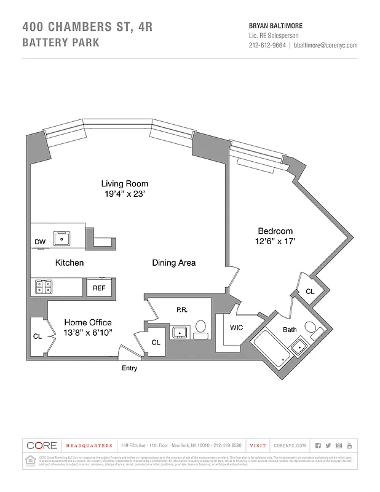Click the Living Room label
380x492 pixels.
[x=125, y=183]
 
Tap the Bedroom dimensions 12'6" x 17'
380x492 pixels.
[x=277, y=242]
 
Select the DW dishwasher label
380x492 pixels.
[x=40, y=242]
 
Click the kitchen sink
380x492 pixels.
[x=63, y=238]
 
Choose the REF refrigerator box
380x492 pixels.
[x=99, y=287]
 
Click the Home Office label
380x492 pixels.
[x=88, y=322]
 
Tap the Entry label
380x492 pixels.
[x=130, y=368]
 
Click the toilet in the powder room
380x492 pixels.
[x=201, y=329]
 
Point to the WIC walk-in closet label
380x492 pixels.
[x=236, y=328]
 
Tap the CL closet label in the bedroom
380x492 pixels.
[x=309, y=292]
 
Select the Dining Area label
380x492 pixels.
[x=174, y=263]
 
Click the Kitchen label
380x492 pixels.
[x=69, y=263]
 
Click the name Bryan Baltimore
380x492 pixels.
[x=275, y=26]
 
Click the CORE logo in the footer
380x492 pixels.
[x=42, y=445]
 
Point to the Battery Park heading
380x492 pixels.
[x=60, y=43]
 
